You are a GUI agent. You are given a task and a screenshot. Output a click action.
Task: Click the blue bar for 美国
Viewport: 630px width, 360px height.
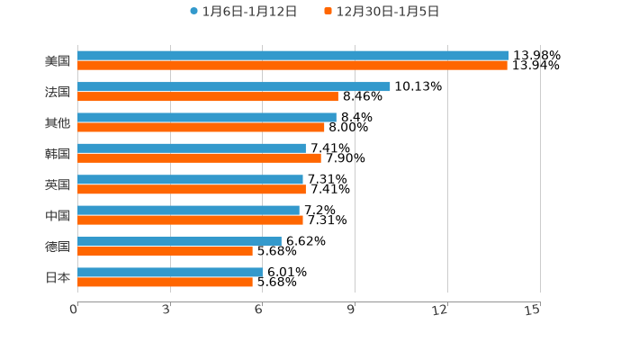click(292, 56)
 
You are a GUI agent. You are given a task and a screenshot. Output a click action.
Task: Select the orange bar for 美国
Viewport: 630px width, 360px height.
click(292, 66)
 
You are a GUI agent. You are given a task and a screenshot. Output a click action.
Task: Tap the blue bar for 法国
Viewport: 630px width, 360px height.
click(233, 86)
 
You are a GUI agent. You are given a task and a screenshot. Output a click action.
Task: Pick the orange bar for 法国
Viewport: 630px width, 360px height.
click(207, 96)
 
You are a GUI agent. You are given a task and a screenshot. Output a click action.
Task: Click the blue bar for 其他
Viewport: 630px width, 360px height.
click(206, 117)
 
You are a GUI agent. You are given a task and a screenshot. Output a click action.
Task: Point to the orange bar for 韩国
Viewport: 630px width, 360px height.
click(199, 158)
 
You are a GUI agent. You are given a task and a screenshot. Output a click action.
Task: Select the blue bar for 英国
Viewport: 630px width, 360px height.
click(190, 179)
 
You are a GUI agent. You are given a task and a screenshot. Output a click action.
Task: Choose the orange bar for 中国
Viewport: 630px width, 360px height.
click(190, 220)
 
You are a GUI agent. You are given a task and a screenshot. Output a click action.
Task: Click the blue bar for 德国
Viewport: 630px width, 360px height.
click(179, 241)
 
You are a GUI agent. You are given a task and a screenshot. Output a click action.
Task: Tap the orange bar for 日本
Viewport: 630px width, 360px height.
click(165, 283)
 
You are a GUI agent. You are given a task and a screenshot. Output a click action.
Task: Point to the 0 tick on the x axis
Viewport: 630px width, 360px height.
click(74, 310)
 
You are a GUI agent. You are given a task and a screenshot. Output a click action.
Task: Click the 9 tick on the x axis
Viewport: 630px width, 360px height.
click(352, 310)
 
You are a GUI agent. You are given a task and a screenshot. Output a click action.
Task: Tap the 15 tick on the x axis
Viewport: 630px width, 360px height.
click(532, 310)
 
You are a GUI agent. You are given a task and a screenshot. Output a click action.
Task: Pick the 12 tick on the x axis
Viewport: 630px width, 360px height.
click(440, 310)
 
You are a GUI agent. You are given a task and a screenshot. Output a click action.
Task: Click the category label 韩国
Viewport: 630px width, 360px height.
click(58, 154)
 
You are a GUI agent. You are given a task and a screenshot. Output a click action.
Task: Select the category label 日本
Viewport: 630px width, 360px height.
click(58, 278)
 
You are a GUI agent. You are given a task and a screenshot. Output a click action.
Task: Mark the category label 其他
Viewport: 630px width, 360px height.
click(58, 122)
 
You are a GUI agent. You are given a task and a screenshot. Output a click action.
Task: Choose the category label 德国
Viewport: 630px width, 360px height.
click(58, 247)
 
